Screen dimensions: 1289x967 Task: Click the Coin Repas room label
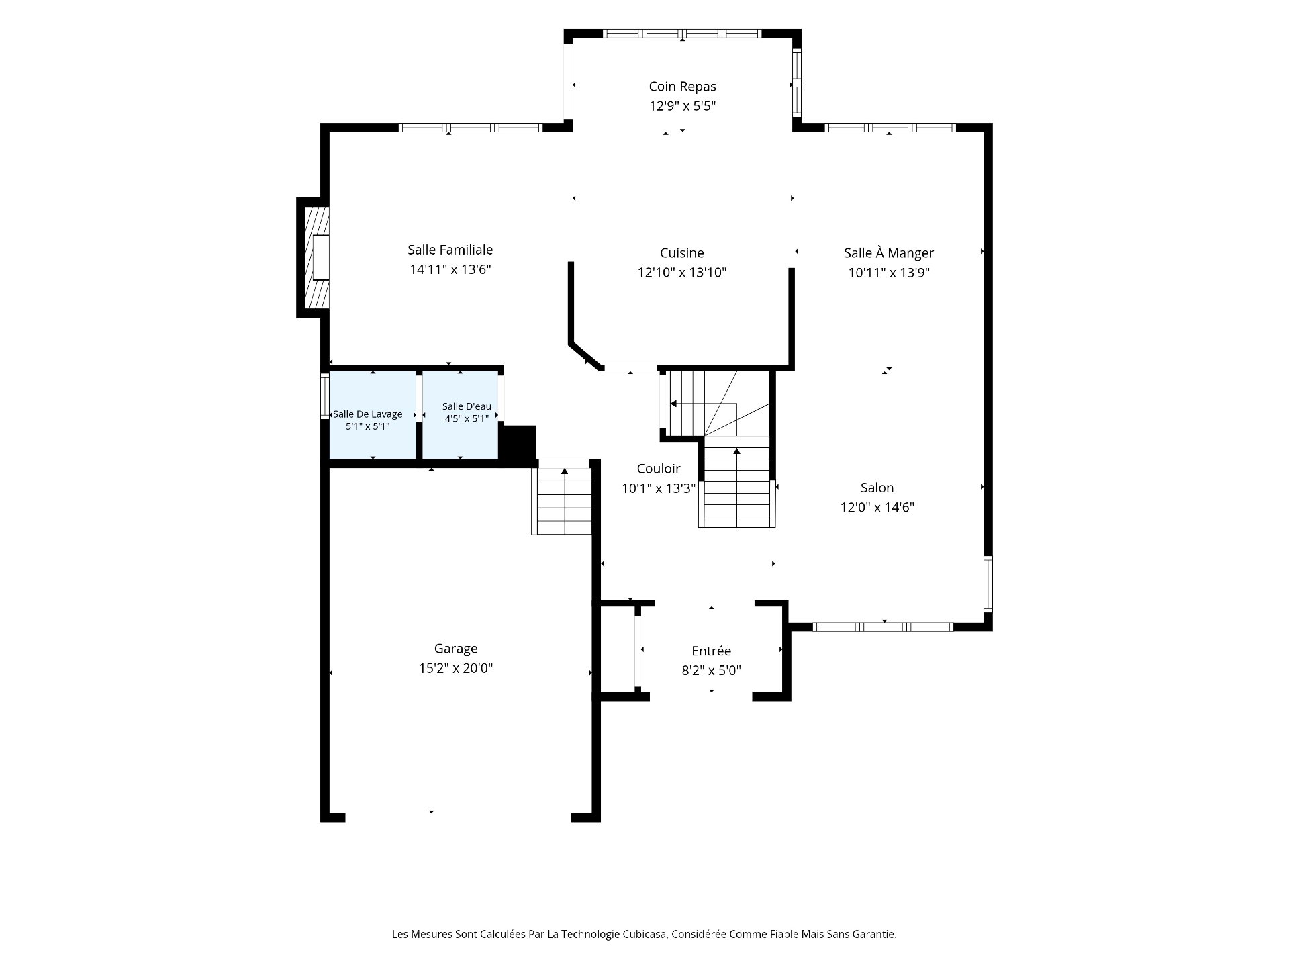tap(682, 87)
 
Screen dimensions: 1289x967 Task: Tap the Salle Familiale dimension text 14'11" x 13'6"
tap(450, 269)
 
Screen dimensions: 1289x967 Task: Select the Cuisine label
tap(682, 253)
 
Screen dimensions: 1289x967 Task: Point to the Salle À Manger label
tap(889, 252)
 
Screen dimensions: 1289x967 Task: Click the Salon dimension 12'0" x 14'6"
tap(877, 507)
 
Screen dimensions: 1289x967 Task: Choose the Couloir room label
tap(659, 469)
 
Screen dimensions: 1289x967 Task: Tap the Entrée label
tap(712, 651)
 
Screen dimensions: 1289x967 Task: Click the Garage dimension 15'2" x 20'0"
tap(456, 668)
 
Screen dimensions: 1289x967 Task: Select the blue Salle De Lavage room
tap(373, 415)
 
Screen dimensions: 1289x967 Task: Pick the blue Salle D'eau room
tap(460, 415)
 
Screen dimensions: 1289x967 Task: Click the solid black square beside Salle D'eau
tap(519, 444)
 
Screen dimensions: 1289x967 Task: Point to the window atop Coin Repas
tap(682, 33)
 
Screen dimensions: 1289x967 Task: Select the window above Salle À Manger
tap(890, 128)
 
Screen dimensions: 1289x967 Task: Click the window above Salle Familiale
tap(470, 128)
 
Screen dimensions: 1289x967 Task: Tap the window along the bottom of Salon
tap(883, 627)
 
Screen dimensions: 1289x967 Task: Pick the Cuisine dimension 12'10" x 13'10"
tap(682, 273)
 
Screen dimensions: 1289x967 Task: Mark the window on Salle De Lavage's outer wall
tap(325, 396)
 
